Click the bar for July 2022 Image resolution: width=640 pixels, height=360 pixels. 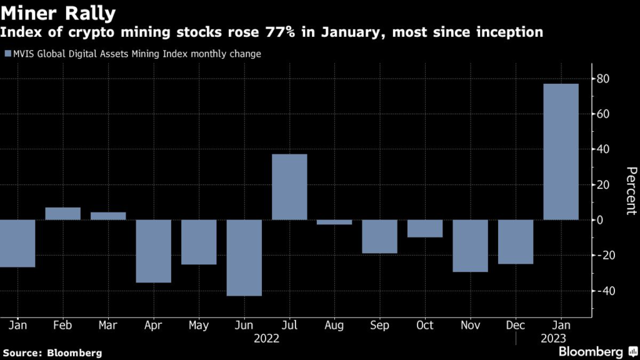pos(289,187)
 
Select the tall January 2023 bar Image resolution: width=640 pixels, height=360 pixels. pos(561,152)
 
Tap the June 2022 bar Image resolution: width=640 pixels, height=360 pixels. pos(244,257)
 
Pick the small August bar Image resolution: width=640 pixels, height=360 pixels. pos(334,222)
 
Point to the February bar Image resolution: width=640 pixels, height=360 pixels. pos(63,214)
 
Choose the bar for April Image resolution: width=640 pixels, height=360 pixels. pos(153,251)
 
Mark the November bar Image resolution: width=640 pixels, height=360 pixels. pos(470,246)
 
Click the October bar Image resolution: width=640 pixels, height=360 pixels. pos(425,229)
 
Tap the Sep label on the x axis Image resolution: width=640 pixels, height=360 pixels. pos(379,326)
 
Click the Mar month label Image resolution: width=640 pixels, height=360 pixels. pos(108,326)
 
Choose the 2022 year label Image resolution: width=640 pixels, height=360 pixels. pos(267,339)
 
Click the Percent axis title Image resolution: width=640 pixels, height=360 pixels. pos(631,191)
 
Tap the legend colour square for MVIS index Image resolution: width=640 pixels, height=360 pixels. pos(7,54)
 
